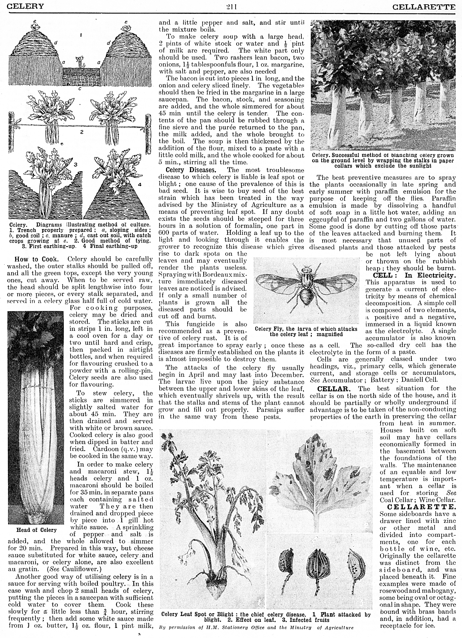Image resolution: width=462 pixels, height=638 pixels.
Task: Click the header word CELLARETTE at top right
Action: click(424, 6)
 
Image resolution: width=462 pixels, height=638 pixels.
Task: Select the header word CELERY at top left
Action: click(25, 6)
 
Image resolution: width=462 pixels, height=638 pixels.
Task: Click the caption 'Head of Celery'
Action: click(36, 530)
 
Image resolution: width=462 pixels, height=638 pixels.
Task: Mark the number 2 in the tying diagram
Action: click(82, 132)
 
